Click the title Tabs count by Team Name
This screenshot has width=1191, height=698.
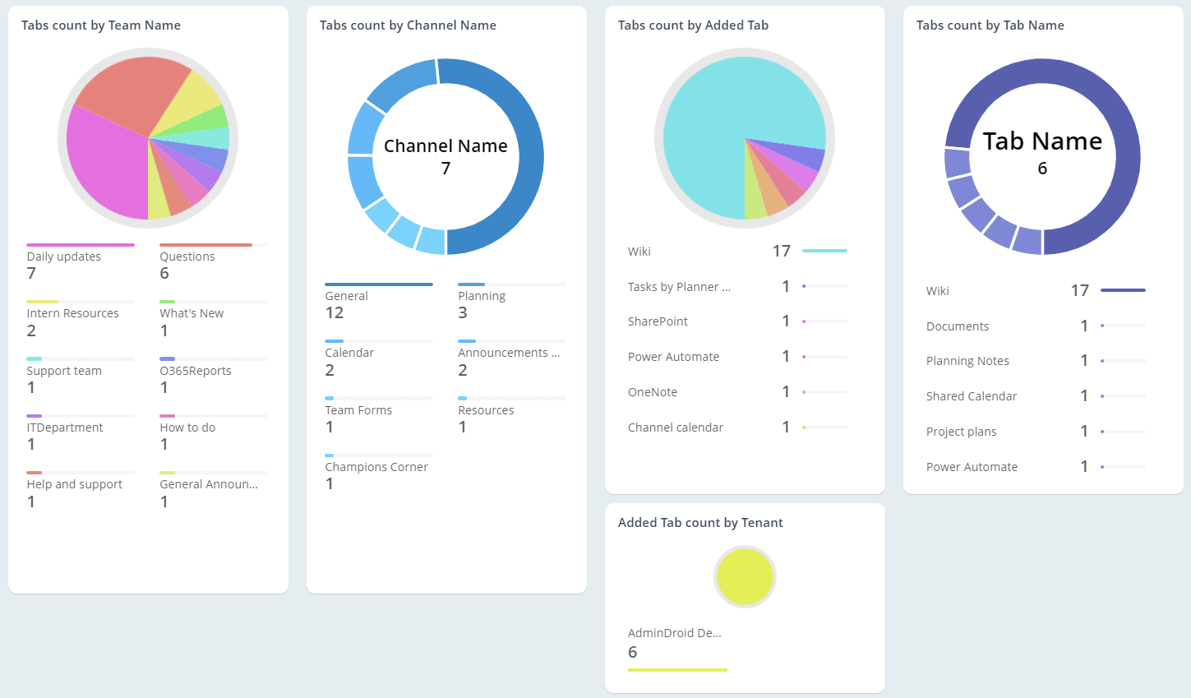click(x=101, y=25)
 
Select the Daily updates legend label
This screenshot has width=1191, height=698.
click(x=64, y=257)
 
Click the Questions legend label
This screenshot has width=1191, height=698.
click(x=187, y=257)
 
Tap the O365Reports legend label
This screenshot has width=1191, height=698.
click(x=196, y=371)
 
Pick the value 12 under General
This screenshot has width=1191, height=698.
click(x=335, y=313)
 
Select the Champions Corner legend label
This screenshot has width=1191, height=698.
click(x=376, y=467)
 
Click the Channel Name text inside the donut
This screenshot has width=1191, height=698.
click(x=445, y=146)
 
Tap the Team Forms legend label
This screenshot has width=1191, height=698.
click(x=358, y=410)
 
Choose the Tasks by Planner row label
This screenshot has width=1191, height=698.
click(x=679, y=287)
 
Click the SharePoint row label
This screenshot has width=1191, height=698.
click(x=658, y=321)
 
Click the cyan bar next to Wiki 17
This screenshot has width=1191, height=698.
click(x=824, y=251)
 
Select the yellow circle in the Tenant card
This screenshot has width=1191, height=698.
click(x=745, y=577)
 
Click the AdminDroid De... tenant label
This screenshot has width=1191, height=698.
click(x=674, y=633)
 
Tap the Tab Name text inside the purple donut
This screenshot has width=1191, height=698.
click(x=1042, y=141)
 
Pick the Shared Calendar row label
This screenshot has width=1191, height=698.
click(x=972, y=396)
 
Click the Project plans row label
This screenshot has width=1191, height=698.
click(x=962, y=432)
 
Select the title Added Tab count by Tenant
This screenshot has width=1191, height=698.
click(x=700, y=523)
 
